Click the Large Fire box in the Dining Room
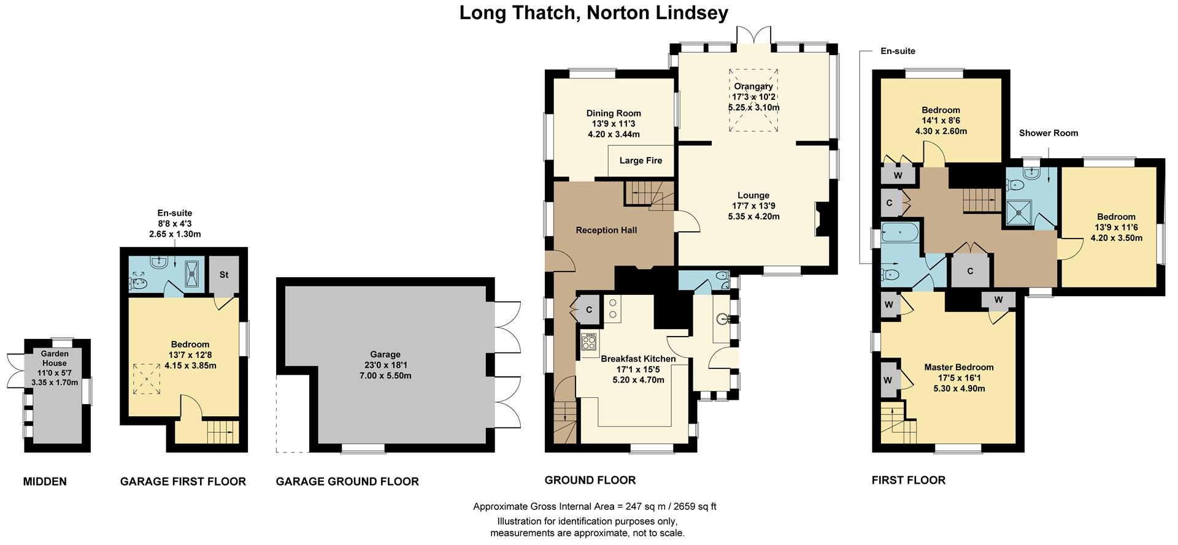tap(641, 161)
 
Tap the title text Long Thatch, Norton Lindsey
tap(593, 12)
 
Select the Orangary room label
tap(753, 86)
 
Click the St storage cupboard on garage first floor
tap(224, 274)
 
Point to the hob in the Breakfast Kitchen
tap(589, 341)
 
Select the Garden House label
tap(55, 358)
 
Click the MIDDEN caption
tap(45, 481)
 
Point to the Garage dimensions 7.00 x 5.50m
tap(385, 375)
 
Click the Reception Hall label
tap(606, 230)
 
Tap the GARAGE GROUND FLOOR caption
tap(347, 481)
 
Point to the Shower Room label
tap(1048, 133)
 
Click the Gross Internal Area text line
tap(594, 506)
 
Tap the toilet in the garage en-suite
tap(138, 283)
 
